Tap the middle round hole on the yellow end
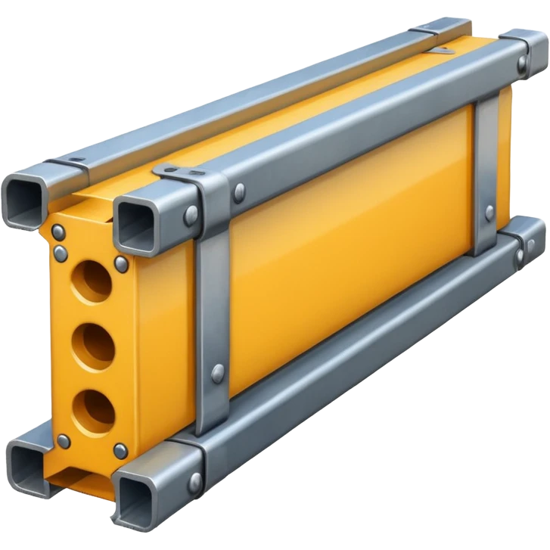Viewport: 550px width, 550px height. [x=93, y=346]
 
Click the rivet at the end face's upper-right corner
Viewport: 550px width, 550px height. [x=121, y=263]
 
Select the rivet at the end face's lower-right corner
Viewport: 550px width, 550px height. [x=120, y=452]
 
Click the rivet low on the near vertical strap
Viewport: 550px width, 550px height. [x=218, y=371]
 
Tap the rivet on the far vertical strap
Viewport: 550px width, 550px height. [x=489, y=213]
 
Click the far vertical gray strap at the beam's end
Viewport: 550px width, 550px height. [x=485, y=174]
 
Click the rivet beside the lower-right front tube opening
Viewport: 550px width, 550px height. [x=196, y=480]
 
